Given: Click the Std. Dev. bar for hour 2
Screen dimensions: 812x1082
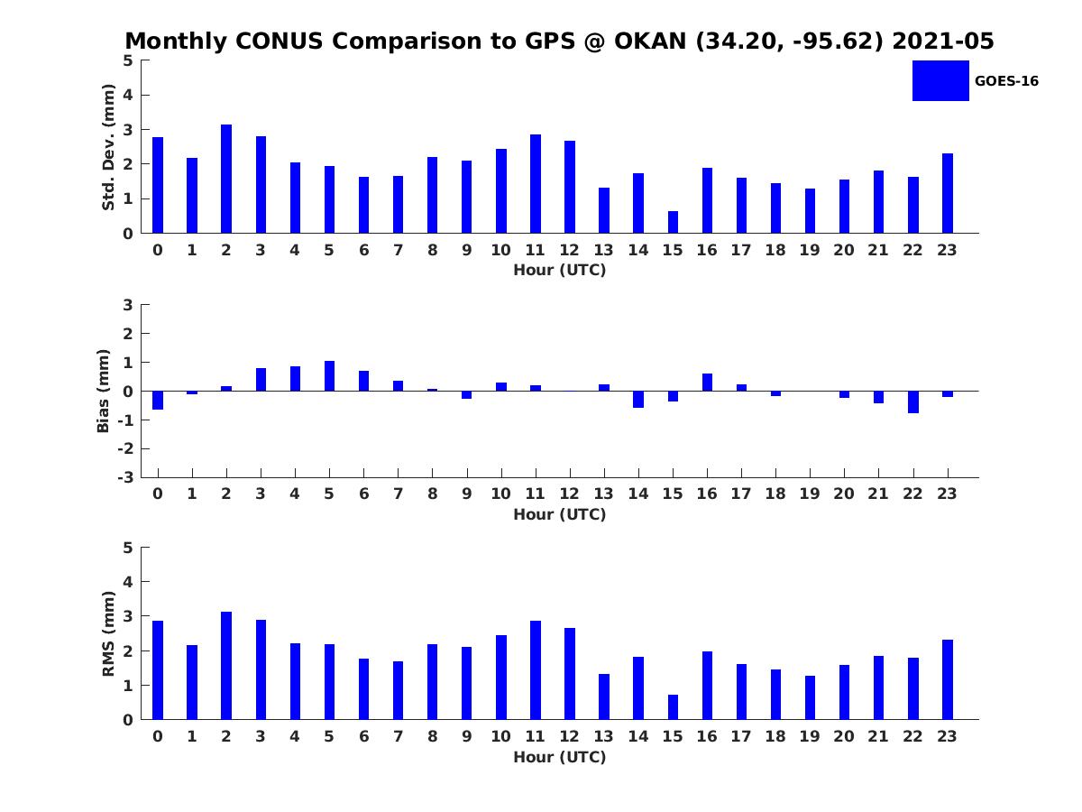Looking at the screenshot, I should click(226, 179).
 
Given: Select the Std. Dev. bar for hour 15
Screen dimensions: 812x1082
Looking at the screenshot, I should click(673, 222).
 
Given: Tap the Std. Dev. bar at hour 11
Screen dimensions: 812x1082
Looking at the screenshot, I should click(536, 184).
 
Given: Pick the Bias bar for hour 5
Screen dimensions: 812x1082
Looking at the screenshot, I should click(329, 376).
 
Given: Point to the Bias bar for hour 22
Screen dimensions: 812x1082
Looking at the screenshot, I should click(913, 401).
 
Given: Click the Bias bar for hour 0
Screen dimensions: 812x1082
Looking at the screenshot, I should click(158, 400).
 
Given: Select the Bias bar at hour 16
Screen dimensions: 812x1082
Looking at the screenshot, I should click(707, 383).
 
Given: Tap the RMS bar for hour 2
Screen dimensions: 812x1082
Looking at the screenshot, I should click(226, 666).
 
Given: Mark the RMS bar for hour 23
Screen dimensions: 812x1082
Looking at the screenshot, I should click(948, 679).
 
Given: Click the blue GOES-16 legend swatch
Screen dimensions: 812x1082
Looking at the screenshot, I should click(940, 80).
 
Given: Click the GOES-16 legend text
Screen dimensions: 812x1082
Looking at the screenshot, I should click(1006, 81).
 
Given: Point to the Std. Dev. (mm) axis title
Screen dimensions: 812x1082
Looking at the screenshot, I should click(108, 147).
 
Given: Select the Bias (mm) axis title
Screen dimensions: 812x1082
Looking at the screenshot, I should click(104, 391).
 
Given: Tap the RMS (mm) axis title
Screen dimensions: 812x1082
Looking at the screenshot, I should click(108, 633).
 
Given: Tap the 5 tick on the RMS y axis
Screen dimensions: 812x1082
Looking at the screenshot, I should click(128, 548).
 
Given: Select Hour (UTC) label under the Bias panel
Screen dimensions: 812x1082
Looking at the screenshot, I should click(559, 514).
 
